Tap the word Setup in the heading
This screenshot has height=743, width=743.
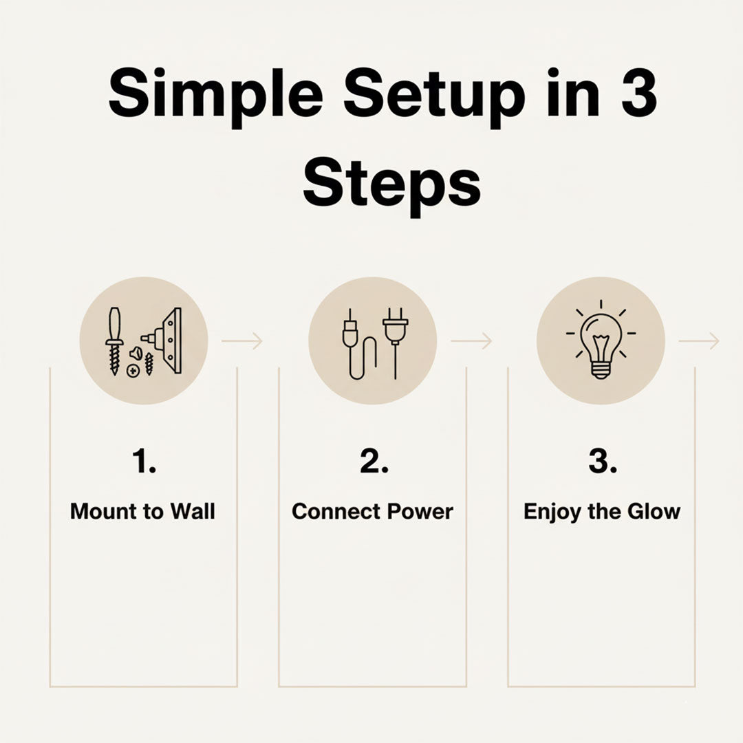click(x=435, y=96)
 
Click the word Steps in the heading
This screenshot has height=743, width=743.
click(x=392, y=186)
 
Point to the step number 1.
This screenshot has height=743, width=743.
click(x=144, y=461)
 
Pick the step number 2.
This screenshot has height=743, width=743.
click(x=374, y=461)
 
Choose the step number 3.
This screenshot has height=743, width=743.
click(x=603, y=461)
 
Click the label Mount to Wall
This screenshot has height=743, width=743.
click(x=142, y=512)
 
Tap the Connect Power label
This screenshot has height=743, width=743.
click(x=372, y=512)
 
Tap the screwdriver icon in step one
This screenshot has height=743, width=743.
click(x=114, y=341)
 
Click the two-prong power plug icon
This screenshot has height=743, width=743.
click(x=395, y=343)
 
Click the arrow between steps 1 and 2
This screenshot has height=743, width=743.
click(x=241, y=341)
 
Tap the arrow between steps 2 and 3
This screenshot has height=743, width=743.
click(x=471, y=341)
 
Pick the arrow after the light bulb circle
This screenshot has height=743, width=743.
click(x=699, y=341)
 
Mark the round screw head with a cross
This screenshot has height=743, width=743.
click(x=133, y=371)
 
